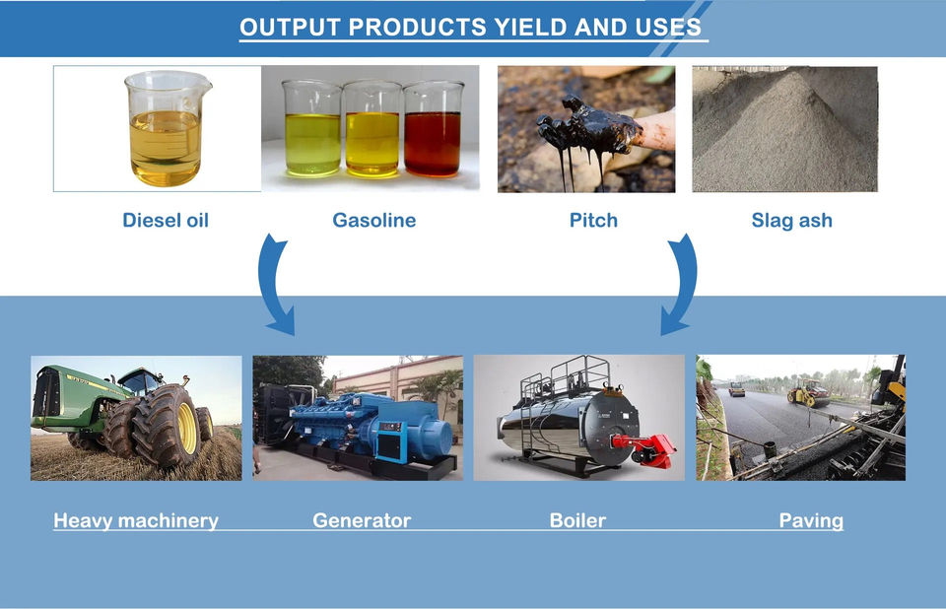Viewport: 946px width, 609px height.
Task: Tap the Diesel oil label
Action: click(166, 221)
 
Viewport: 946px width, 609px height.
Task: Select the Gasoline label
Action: click(374, 221)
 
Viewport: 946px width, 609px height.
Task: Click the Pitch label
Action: click(593, 221)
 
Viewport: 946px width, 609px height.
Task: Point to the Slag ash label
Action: click(791, 221)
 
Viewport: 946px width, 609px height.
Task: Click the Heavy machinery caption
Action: click(136, 521)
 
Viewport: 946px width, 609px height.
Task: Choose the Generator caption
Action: click(362, 520)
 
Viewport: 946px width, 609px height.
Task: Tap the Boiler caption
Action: click(577, 520)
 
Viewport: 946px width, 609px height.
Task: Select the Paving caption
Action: click(811, 521)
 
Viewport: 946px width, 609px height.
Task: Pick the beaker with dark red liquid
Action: click(433, 130)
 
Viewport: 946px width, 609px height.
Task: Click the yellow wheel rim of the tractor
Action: click(187, 428)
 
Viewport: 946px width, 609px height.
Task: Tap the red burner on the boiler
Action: click(645, 449)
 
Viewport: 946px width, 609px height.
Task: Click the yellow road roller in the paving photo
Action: click(808, 393)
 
